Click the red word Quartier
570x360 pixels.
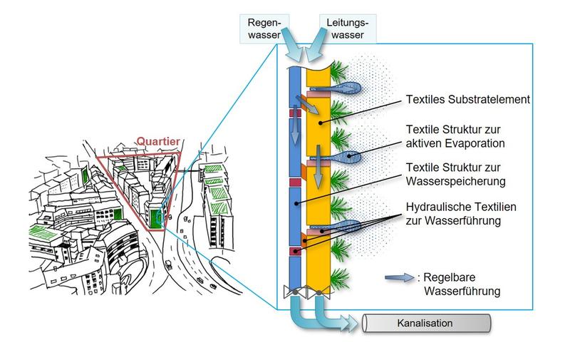(158, 140)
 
